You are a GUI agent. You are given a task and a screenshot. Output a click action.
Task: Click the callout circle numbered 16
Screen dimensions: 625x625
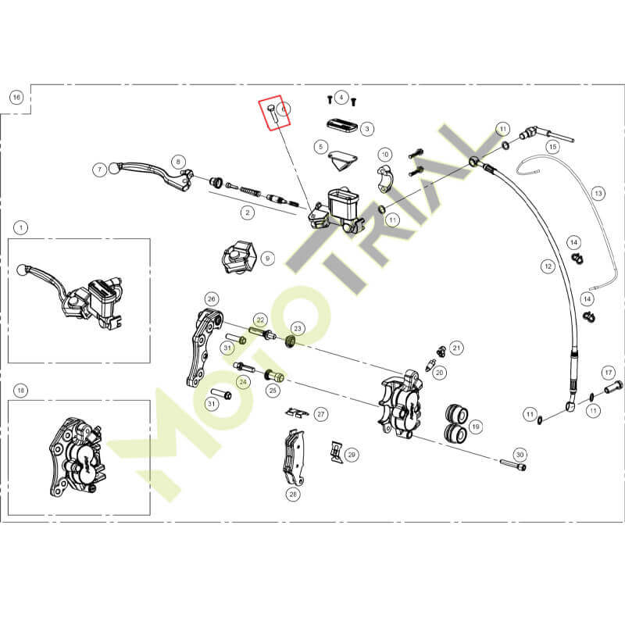coord(16,97)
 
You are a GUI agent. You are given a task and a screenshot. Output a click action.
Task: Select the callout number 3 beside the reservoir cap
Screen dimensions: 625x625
coord(367,128)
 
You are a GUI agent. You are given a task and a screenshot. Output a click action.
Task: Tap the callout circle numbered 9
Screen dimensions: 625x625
coord(267,259)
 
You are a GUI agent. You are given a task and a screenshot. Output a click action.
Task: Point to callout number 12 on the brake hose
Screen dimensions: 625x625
coord(548,266)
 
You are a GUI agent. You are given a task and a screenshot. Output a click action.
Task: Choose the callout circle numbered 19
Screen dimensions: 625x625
coord(476,427)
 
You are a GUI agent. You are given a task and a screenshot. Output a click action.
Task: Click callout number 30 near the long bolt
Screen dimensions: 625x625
coord(520,455)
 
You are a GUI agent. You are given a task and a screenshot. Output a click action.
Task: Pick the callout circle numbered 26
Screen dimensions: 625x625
coord(211,299)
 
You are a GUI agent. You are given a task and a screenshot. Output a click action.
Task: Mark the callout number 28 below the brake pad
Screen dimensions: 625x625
coord(293,495)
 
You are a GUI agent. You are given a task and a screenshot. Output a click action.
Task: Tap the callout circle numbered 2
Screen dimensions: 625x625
coord(248,212)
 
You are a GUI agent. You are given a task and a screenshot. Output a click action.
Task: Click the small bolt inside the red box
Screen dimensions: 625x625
coord(272,114)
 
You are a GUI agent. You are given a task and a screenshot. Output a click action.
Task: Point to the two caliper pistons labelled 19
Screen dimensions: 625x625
coord(456,423)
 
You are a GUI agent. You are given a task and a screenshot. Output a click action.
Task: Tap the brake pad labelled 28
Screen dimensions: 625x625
coord(294,457)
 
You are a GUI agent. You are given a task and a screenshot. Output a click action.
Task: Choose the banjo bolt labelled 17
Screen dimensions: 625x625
coord(612,387)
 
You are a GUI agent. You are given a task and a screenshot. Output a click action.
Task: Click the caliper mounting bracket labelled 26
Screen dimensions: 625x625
coord(204,346)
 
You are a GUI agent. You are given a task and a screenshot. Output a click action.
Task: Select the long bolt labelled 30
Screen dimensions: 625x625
coord(513,464)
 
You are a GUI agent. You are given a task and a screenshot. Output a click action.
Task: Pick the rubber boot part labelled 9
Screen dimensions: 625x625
coord(237,257)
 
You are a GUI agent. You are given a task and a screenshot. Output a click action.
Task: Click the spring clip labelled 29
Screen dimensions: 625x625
coord(337,452)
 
